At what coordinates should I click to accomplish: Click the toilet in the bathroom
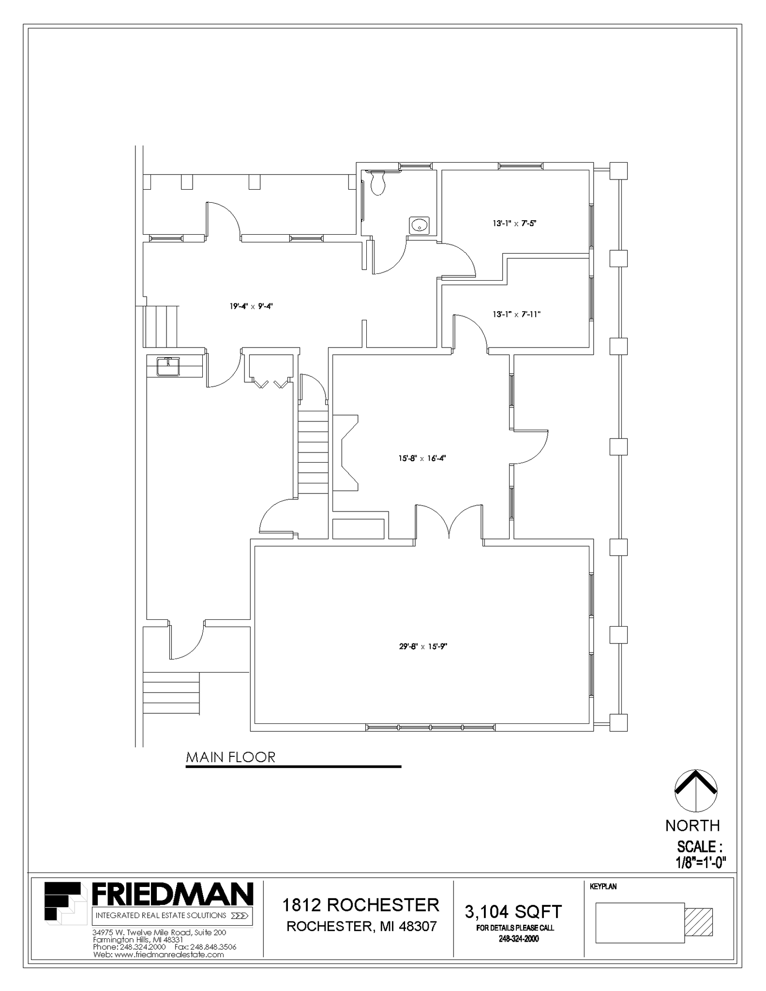click(x=378, y=183)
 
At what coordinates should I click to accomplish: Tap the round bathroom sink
click(x=419, y=225)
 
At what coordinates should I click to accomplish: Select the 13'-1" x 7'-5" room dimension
click(x=515, y=224)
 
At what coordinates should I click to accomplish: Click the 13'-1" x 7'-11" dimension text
click(x=516, y=315)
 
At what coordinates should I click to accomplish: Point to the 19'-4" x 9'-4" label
click(x=251, y=306)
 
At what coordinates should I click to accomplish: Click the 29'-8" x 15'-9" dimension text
click(x=423, y=646)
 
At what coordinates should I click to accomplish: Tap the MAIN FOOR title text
click(x=231, y=757)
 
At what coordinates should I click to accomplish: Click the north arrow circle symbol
click(x=695, y=791)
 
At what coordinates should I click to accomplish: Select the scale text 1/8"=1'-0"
click(x=701, y=862)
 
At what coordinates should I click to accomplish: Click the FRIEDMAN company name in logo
click(x=172, y=894)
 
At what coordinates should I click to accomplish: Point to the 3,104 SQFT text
click(x=513, y=912)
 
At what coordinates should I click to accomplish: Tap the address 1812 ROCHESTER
click(x=360, y=904)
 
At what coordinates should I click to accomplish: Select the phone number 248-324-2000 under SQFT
click(x=519, y=939)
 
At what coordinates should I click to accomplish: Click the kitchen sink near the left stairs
click(x=168, y=366)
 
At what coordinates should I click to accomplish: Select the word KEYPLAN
click(x=603, y=887)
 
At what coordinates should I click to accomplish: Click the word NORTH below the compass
click(x=692, y=826)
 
